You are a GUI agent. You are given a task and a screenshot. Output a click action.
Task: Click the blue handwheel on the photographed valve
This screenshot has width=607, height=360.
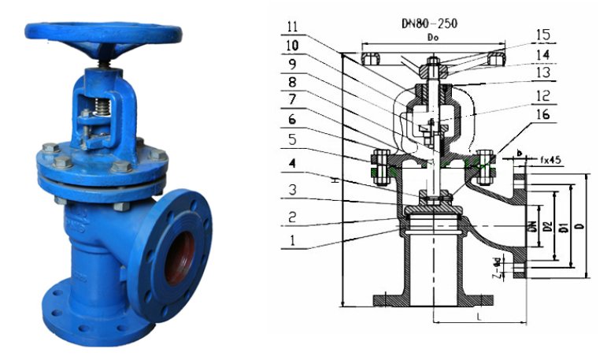pos(102,32)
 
